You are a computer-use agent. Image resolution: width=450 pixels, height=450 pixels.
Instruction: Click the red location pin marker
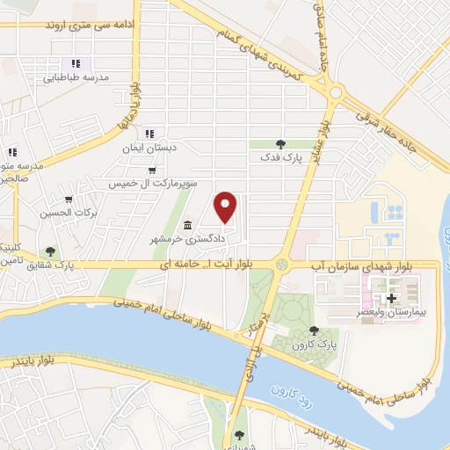[226, 207]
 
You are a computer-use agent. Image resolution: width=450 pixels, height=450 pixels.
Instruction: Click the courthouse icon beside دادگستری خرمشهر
[186, 225]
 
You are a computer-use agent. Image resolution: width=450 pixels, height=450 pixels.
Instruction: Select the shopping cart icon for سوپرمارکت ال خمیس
[152, 171]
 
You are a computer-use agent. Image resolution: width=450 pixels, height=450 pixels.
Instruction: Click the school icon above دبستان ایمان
[150, 134]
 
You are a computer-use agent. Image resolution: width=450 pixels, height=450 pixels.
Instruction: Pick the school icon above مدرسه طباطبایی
[76, 63]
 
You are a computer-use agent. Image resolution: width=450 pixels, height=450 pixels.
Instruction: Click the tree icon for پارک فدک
[280, 142]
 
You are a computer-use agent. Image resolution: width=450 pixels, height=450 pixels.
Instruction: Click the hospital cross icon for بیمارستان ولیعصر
[390, 299]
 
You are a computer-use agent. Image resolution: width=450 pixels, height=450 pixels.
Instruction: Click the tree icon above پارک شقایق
[50, 251]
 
